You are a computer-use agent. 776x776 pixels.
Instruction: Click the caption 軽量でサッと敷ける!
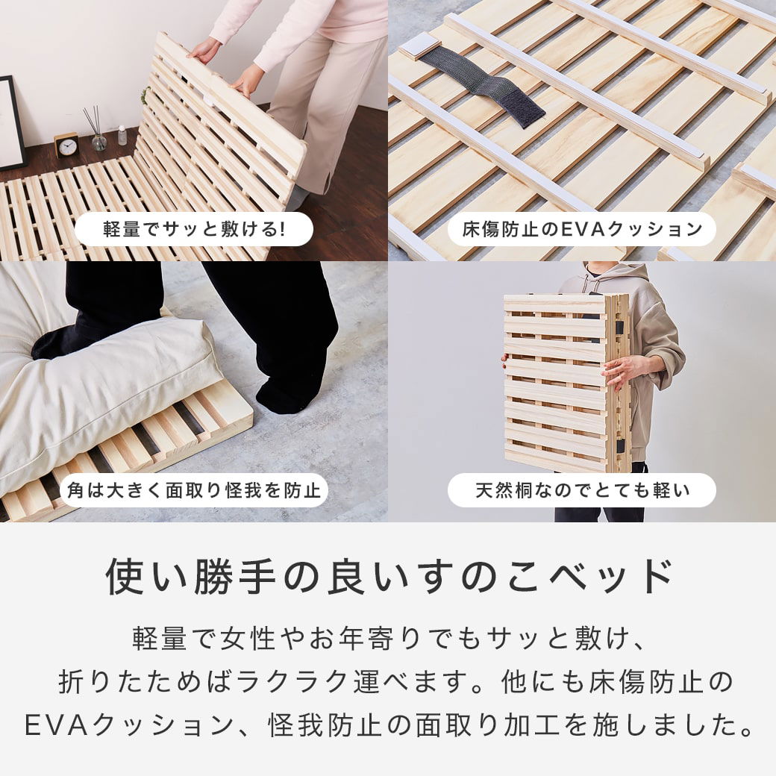[193, 229]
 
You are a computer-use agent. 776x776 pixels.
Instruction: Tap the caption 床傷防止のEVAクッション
[581, 229]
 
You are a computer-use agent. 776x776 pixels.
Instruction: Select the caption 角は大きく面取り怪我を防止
[193, 490]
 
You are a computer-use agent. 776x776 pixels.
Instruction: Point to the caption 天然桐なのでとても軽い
[581, 490]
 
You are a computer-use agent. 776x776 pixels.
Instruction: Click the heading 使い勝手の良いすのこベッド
[388, 577]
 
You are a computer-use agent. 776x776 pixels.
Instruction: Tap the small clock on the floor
[66, 145]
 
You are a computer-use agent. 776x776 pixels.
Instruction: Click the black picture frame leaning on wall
[10, 122]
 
